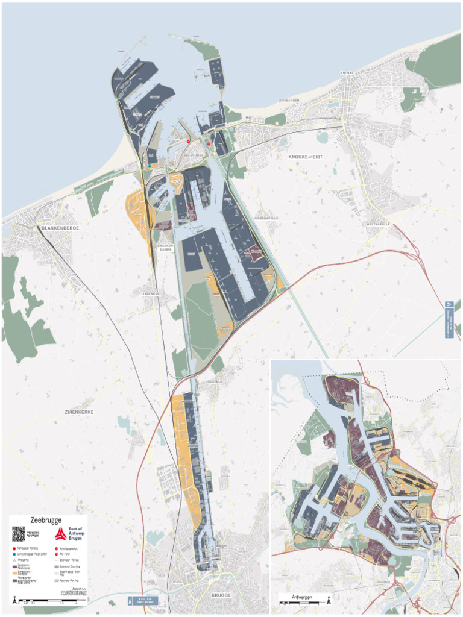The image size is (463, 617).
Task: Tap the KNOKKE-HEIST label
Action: [x=305, y=157]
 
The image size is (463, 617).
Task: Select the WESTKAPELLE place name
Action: [x=377, y=224]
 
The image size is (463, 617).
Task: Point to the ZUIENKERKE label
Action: [x=79, y=412]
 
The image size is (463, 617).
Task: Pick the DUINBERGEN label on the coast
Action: [x=289, y=100]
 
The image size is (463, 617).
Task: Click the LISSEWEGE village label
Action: [x=150, y=294]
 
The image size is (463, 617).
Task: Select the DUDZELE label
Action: [x=215, y=381]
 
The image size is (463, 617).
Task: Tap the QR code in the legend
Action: [x=19, y=533]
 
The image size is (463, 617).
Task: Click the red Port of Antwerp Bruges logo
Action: [x=60, y=534]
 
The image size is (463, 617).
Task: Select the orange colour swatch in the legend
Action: [x=15, y=571]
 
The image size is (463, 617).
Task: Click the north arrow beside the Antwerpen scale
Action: [x=329, y=600]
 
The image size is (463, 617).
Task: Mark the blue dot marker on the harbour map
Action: [x=149, y=165]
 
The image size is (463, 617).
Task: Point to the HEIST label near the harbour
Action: [x=249, y=117]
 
